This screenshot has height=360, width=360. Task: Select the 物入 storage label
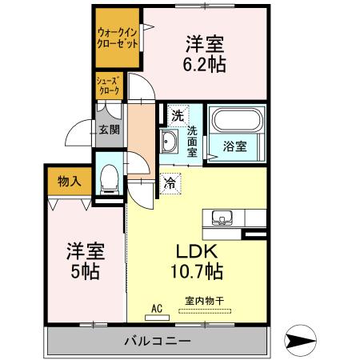tap(69, 182)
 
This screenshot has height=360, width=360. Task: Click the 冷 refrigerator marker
tap(170, 183)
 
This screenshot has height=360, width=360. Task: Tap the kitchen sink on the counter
tap(222, 217)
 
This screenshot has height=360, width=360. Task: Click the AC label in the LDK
tap(158, 306)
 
